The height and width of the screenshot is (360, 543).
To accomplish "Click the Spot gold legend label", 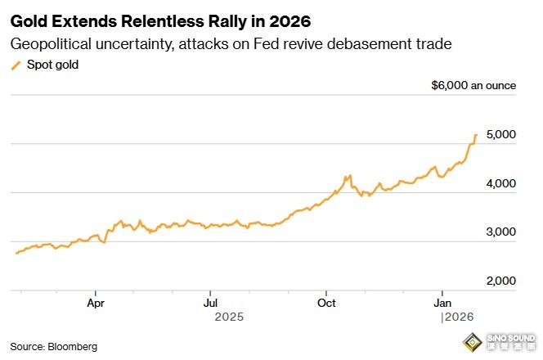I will [53, 65].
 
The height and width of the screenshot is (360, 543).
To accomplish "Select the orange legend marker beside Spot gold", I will [16, 65].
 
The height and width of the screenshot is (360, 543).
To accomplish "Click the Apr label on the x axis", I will [96, 302].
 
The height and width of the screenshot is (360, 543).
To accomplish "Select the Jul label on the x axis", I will [210, 302].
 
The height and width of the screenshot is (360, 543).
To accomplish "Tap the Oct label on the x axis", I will [326, 302].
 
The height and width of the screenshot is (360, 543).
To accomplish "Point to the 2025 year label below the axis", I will [229, 315].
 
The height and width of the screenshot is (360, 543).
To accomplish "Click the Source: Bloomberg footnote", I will [53, 346].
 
